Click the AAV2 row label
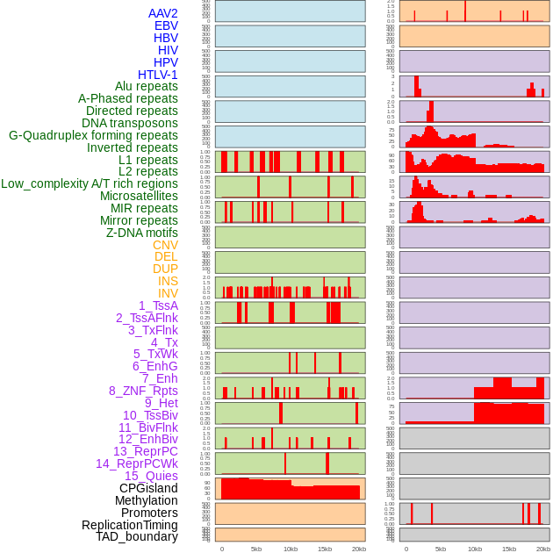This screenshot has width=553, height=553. (163, 13)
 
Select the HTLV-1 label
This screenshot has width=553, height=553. (158, 75)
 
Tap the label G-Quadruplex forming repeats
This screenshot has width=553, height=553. (93, 135)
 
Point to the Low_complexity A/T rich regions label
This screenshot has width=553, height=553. (90, 183)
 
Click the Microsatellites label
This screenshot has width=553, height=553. (139, 196)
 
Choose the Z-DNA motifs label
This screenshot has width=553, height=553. (142, 233)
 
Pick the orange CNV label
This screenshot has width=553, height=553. (165, 245)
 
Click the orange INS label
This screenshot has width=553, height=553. (168, 281)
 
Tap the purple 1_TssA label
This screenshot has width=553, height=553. (158, 305)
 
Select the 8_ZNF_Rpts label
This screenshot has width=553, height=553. (143, 391)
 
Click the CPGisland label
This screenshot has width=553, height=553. (148, 488)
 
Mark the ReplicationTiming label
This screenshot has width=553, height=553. (130, 525)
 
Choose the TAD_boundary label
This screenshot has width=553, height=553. (137, 536)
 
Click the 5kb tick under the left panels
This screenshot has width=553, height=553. (256, 549)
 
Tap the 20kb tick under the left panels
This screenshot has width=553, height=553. (359, 549)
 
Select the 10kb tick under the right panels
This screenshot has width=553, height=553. (475, 549)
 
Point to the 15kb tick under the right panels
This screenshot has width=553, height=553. (509, 549)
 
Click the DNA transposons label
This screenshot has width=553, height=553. (130, 123)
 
